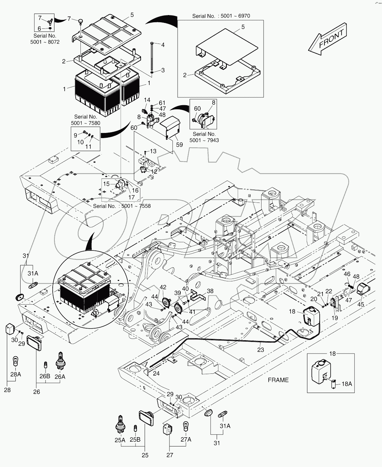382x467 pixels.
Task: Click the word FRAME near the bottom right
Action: click(278, 380)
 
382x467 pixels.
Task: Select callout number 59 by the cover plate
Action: click(179, 145)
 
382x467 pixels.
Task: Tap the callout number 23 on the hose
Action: click(261, 350)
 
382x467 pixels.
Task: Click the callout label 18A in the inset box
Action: click(346, 384)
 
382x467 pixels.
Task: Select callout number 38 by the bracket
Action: click(210, 291)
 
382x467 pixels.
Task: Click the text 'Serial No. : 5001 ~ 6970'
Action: click(221, 16)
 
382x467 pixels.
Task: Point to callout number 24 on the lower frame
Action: click(156, 373)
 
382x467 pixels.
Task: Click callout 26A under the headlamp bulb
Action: click(60, 376)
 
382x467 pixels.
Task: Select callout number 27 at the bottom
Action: click(170, 455)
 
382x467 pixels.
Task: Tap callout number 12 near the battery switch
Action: click(154, 171)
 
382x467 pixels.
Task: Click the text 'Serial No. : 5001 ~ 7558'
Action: click(122, 206)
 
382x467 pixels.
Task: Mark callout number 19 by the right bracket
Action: click(335, 318)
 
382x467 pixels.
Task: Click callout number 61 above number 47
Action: click(162, 103)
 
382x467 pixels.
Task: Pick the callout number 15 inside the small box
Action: click(106, 184)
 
